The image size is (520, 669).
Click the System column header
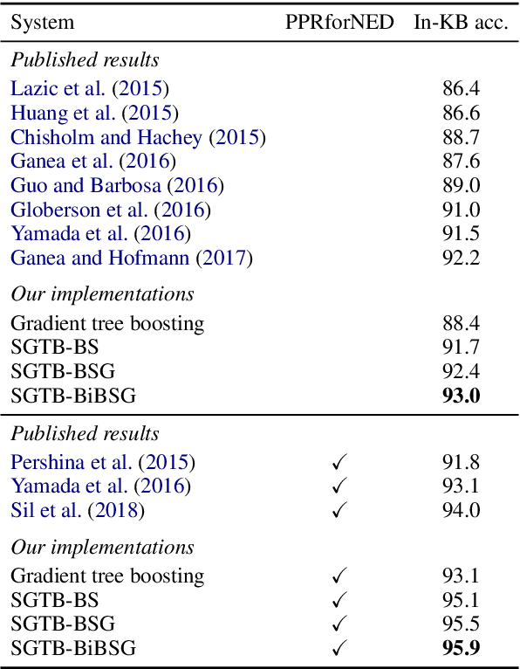pos(42,23)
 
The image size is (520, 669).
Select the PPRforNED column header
pos(339,23)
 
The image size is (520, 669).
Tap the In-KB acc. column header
pos(460,23)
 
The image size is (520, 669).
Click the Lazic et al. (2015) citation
pos(90,88)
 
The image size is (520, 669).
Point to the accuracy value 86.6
pos(461,113)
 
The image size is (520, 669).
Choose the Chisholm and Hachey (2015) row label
pos(138,137)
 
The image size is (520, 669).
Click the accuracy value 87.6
pos(461,162)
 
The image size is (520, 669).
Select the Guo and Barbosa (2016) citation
pos(117,186)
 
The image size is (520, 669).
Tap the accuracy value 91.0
pos(461,210)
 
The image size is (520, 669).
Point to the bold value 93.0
pos(461,397)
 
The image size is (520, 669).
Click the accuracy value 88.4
pos(461,323)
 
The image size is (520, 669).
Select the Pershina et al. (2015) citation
pos(103,462)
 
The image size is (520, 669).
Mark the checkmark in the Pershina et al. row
pos(339,462)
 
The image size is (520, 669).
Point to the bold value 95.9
pos(461,649)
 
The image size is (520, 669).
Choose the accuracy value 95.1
pos(461,600)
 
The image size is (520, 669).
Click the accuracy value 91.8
pos(461,462)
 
